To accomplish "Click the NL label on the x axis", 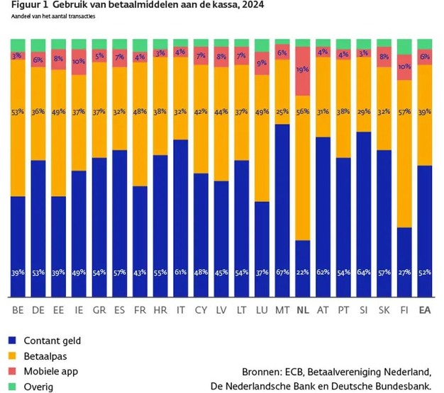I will (x=303, y=309).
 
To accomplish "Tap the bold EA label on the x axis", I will (x=425, y=309).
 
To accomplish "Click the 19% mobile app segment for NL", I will (x=303, y=71).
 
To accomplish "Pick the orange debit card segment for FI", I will (x=404, y=152).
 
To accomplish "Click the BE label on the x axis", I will (x=18, y=309).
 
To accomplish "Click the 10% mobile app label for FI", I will (x=404, y=67).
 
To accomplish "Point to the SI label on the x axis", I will (x=364, y=309).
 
